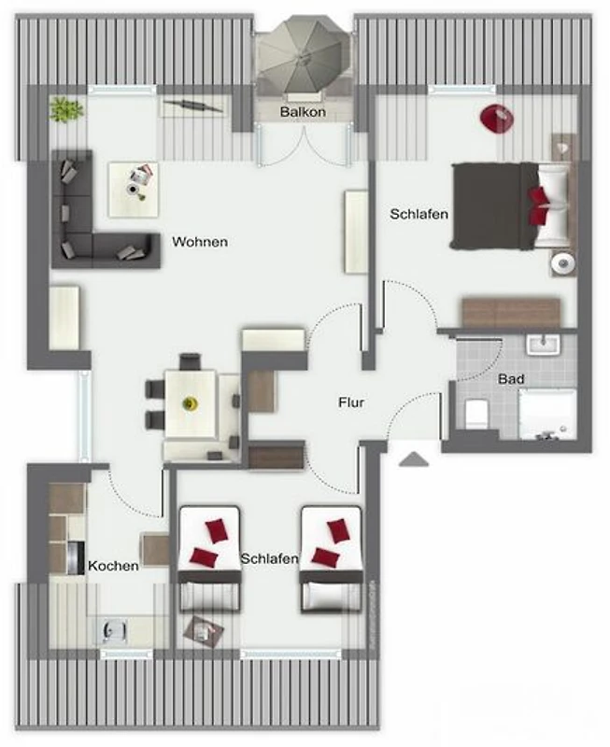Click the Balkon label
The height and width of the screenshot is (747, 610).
pyautogui.click(x=303, y=112)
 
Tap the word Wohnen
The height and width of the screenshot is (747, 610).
pyautogui.click(x=200, y=242)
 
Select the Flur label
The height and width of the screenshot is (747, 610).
pyautogui.click(x=351, y=402)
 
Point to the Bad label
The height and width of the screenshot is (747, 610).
pyautogui.click(x=511, y=379)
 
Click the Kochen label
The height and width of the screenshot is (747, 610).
pyautogui.click(x=113, y=566)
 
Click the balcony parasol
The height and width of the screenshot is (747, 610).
pyautogui.click(x=301, y=57)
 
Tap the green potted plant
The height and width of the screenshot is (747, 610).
pyautogui.click(x=66, y=110)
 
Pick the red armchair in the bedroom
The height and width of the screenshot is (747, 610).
pyautogui.click(x=497, y=120)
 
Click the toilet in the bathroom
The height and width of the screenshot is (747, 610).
pyautogui.click(x=475, y=413)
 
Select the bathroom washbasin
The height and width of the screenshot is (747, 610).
pyautogui.click(x=543, y=344)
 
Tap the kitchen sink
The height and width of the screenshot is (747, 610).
pyautogui.click(x=114, y=631)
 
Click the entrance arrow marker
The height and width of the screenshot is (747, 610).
pyautogui.click(x=413, y=458)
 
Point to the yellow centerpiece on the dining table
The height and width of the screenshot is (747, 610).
pyautogui.click(x=190, y=403)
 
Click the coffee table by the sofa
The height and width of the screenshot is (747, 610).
pyautogui.click(x=134, y=190)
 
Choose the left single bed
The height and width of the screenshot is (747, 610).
pyautogui.click(x=208, y=559)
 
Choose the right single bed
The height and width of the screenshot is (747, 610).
pyautogui.click(x=331, y=559)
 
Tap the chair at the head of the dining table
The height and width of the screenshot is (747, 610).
pyautogui.click(x=190, y=361)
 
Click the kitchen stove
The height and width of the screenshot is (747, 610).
pyautogui.click(x=76, y=557)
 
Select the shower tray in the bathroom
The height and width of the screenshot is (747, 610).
pyautogui.click(x=547, y=415)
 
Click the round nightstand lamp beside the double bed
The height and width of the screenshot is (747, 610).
pyautogui.click(x=563, y=262)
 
